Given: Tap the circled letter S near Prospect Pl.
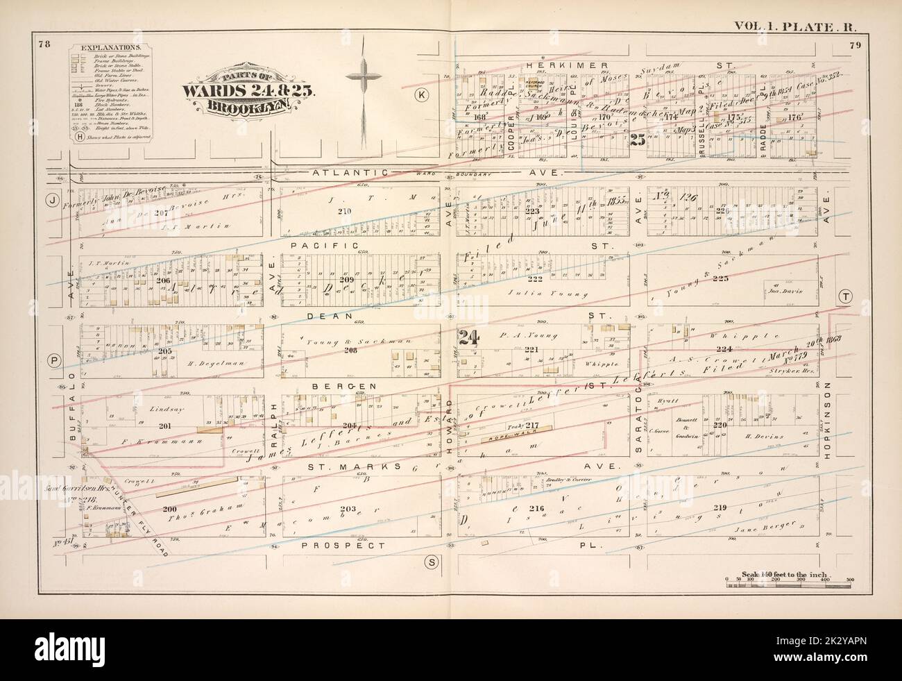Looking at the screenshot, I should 430,562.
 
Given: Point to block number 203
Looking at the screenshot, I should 347,510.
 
